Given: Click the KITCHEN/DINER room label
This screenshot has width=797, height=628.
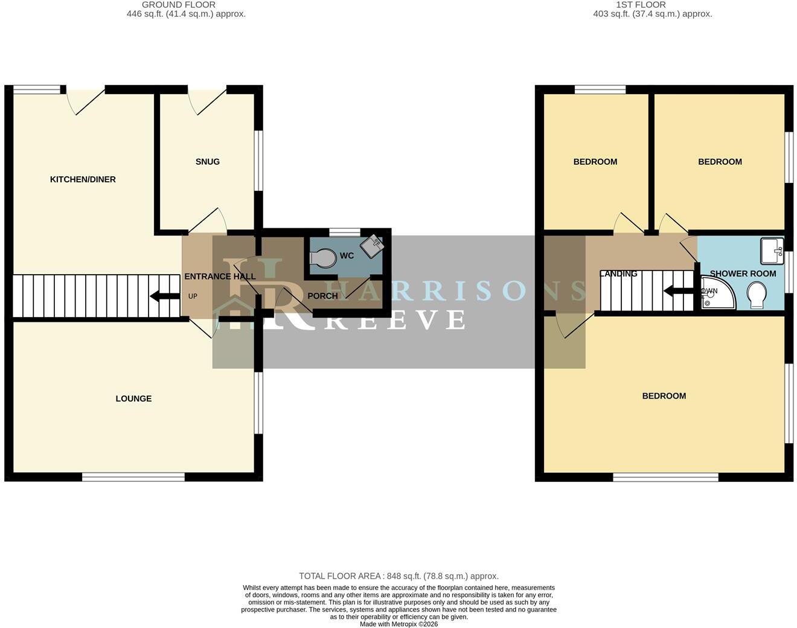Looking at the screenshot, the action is [x=83, y=179].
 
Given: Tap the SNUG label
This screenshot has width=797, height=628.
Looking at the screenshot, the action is [x=207, y=162].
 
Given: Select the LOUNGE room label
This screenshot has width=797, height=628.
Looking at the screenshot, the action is [x=133, y=399].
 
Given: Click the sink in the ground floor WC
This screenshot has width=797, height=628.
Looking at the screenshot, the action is [x=372, y=246].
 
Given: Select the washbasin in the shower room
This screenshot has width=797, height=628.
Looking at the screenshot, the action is [x=772, y=251].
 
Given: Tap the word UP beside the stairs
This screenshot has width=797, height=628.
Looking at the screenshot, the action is [x=193, y=296].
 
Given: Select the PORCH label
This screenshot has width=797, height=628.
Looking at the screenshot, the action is [x=322, y=296].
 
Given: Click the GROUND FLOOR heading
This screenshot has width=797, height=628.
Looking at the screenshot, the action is [x=179, y=5].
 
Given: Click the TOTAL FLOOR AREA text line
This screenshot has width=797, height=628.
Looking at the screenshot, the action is [x=399, y=576].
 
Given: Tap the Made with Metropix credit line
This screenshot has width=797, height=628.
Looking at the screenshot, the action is [x=399, y=624].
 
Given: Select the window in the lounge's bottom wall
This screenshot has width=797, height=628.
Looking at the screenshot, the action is [x=133, y=477].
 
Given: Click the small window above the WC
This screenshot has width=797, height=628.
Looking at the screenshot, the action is [x=344, y=232].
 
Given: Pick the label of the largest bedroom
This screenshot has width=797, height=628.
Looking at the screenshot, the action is [x=664, y=396].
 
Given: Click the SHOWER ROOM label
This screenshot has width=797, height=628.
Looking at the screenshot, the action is [x=743, y=274].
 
